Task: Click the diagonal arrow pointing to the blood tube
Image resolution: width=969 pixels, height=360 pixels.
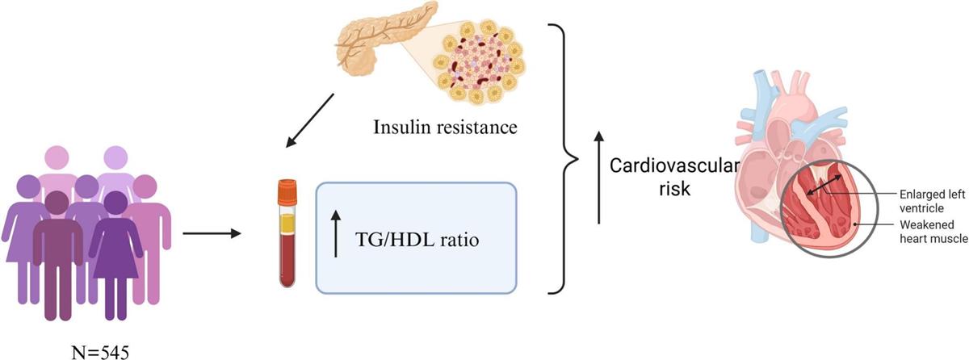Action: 310,121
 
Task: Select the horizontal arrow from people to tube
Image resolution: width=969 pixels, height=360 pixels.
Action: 212,234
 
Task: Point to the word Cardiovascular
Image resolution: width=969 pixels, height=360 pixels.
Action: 674,165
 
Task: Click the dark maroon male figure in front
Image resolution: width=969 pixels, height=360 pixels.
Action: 58,250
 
